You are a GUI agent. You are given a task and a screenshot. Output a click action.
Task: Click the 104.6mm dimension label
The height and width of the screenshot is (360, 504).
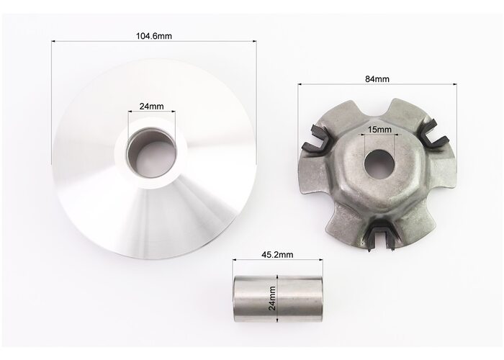point(154,36)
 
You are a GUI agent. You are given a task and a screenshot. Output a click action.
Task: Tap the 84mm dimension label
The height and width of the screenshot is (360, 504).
point(377,79)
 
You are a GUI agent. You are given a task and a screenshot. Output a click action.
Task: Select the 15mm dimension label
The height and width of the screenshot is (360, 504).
point(379,130)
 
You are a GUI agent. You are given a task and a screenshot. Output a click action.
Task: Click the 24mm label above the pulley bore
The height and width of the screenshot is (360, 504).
point(151,106)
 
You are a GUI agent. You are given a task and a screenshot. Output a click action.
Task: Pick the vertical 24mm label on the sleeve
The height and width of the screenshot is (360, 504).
point(272,298)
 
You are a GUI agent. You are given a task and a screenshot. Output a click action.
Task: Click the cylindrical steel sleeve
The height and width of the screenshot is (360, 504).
point(278,299)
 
